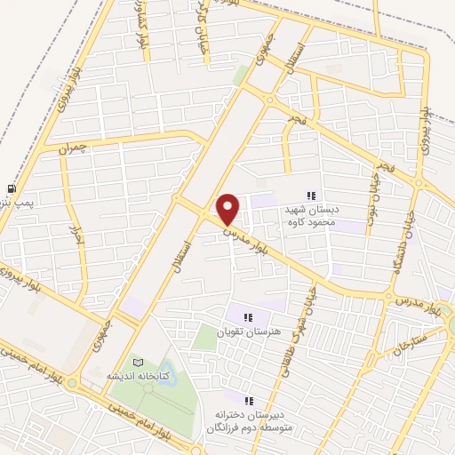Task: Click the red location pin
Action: pos(228,209)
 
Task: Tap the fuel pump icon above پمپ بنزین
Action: pos(11,188)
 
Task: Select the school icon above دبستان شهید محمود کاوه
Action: pos(311,196)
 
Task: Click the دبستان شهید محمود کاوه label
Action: pos(324,216)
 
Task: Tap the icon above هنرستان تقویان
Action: pos(249,316)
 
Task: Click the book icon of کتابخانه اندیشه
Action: pos(136,362)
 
